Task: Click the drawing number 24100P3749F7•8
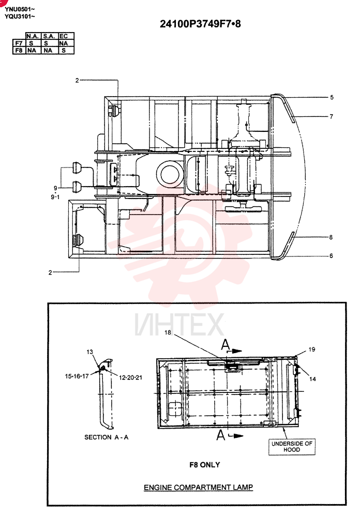pyautogui.click(x=200, y=24)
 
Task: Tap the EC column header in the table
pyautogui.click(x=63, y=36)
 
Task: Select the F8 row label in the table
pyautogui.click(x=19, y=51)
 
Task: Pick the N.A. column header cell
pyautogui.click(x=33, y=36)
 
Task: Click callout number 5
pyautogui.click(x=332, y=97)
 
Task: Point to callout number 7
pyautogui.click(x=331, y=116)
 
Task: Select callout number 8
pyautogui.click(x=331, y=237)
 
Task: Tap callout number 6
pyautogui.click(x=331, y=255)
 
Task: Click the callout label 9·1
pyautogui.click(x=55, y=197)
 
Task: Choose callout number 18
pyautogui.click(x=168, y=332)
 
